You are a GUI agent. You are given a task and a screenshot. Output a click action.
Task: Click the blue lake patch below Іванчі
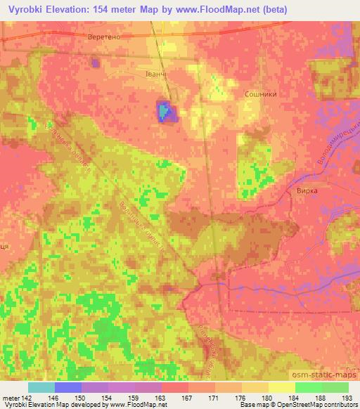[x=164, y=112]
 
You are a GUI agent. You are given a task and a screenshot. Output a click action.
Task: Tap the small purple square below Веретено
[x=96, y=63]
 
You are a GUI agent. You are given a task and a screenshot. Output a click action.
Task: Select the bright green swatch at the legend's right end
[x=335, y=387]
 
